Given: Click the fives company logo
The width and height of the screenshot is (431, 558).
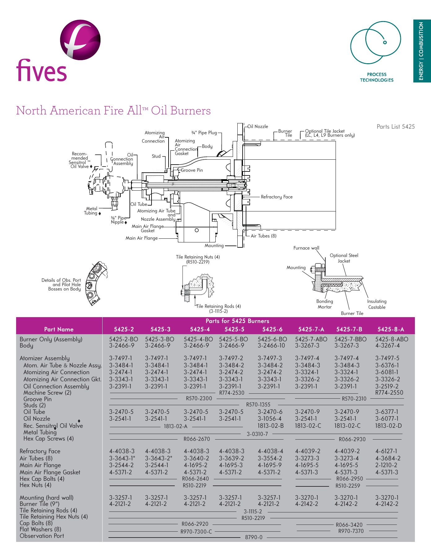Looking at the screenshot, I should (58, 51).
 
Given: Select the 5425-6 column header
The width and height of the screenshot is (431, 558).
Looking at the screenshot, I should (272, 329).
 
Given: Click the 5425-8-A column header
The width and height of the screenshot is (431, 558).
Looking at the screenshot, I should (391, 329).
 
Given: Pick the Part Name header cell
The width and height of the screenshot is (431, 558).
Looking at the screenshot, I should (59, 329).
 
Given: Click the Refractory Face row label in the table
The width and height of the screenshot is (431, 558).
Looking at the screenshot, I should (40, 451).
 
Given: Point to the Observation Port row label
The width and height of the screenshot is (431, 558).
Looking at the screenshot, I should (42, 536).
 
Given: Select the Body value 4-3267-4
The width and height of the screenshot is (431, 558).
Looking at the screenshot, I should (387, 345).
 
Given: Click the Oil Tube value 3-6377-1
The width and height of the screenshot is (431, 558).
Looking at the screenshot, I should (387, 412).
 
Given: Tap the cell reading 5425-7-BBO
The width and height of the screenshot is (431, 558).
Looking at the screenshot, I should (350, 339).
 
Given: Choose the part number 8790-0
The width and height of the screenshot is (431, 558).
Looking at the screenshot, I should (253, 537).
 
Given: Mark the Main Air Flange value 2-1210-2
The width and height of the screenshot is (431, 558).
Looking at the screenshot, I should (386, 465).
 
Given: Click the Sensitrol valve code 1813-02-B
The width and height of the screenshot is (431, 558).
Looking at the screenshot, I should (270, 426).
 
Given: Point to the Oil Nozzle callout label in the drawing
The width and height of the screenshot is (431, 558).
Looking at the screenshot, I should (257, 126).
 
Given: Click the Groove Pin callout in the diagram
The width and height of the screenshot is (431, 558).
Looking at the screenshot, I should (192, 170).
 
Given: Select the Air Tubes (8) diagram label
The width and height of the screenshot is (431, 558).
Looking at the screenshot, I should (263, 236).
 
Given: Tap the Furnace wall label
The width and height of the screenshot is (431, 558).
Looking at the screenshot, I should (306, 248).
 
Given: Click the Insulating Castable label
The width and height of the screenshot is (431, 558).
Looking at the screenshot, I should (377, 304).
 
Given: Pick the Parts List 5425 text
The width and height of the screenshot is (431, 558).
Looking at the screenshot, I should (395, 126).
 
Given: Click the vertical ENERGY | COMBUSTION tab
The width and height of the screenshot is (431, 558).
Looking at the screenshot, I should (421, 51).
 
